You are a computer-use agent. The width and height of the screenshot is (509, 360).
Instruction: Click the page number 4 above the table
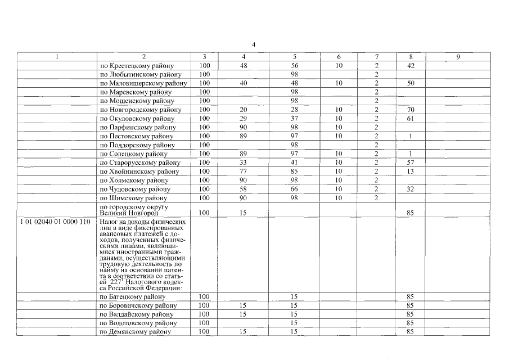pos(254,44)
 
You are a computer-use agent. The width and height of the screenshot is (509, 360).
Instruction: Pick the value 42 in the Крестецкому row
pos(410,66)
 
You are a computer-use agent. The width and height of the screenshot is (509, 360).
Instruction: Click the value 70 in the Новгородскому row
pos(410,110)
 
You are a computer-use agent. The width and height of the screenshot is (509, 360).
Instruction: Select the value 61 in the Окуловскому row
pos(410,119)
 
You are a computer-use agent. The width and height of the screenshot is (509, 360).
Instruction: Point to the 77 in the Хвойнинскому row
pos(244,172)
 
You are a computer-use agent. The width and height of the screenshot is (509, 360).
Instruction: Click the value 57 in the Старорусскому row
pos(410,163)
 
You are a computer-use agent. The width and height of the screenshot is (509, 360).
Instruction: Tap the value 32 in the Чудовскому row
pos(410,190)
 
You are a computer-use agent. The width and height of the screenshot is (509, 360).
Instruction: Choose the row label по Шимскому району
pos(134,199)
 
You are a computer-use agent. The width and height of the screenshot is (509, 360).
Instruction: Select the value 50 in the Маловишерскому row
pos(410,83)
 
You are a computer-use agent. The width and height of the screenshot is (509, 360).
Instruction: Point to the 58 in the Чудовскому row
pos(244,190)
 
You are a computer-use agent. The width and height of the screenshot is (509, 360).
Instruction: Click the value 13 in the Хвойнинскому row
pos(410,172)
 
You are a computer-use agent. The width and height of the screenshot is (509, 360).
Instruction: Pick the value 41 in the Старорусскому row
pos(294,163)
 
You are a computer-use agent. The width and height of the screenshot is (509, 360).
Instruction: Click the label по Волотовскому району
pos(138,323)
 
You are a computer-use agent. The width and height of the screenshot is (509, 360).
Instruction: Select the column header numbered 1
pos(56,57)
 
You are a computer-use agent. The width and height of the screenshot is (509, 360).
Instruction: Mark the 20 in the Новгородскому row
pos(244,110)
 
